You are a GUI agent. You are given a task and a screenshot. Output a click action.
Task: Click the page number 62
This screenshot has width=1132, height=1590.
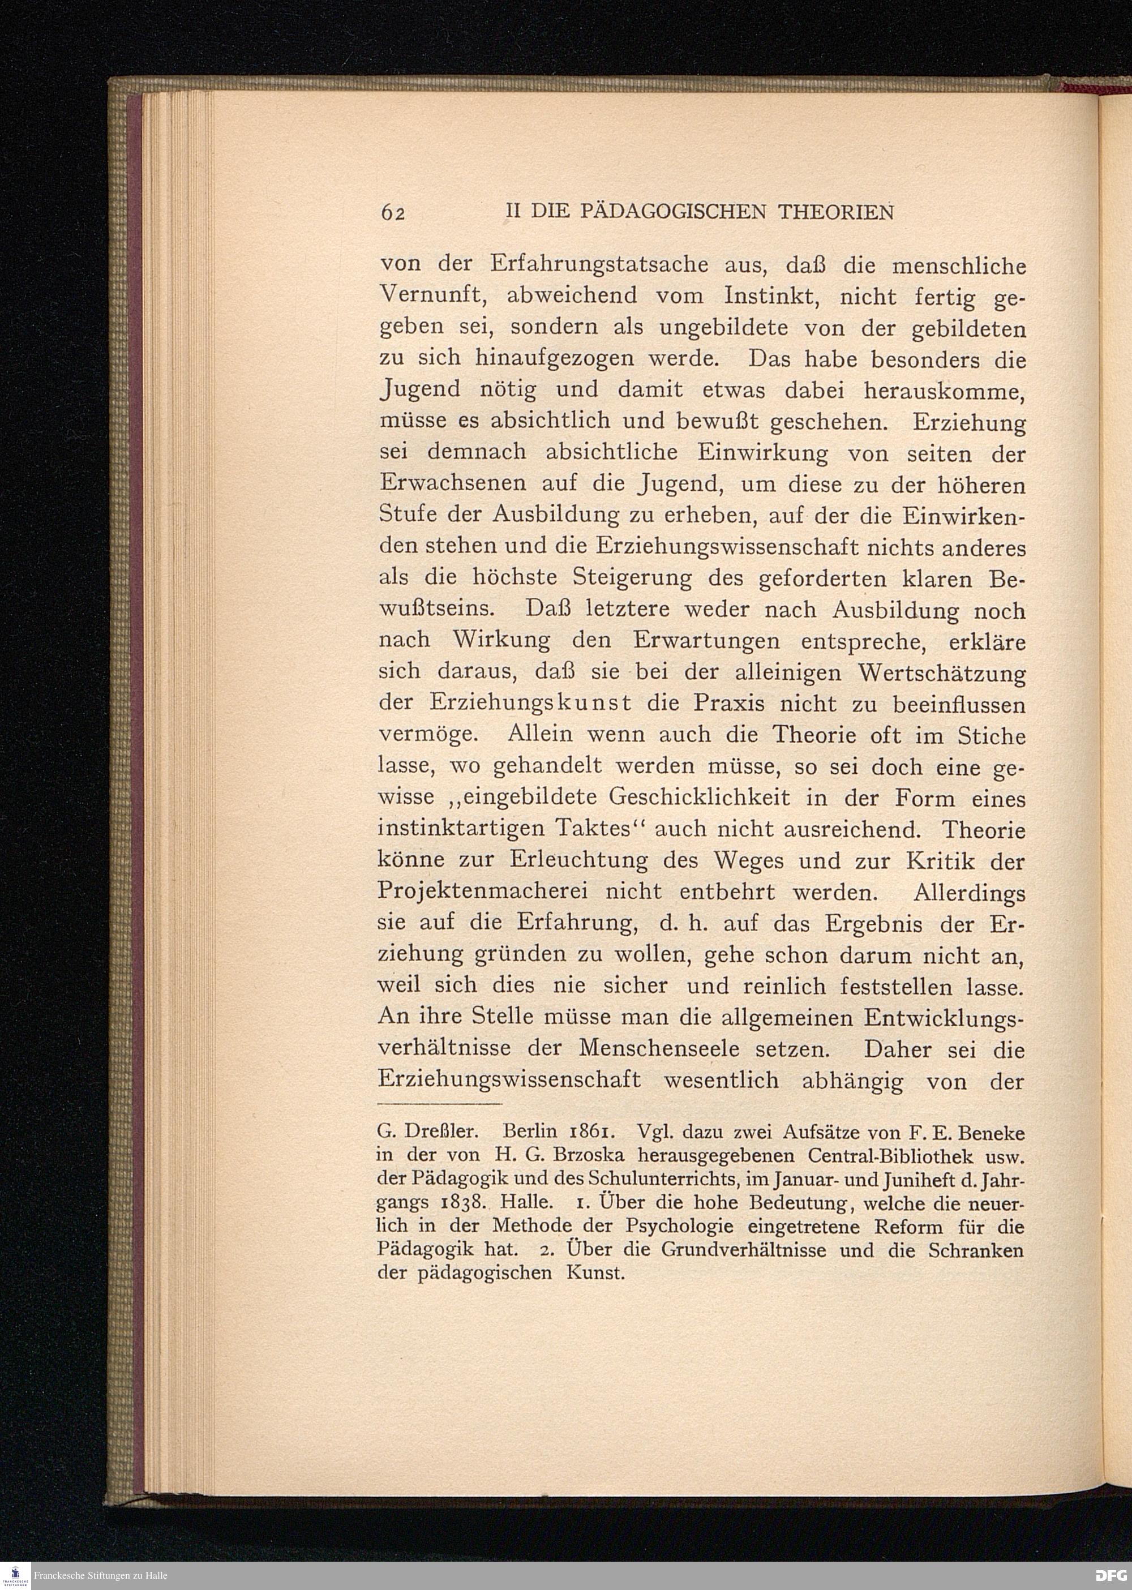coord(392,213)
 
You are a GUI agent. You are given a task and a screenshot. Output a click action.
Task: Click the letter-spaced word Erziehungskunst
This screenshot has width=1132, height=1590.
coord(530,705)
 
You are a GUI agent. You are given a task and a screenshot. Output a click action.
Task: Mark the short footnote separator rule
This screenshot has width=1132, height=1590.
coord(439,1105)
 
